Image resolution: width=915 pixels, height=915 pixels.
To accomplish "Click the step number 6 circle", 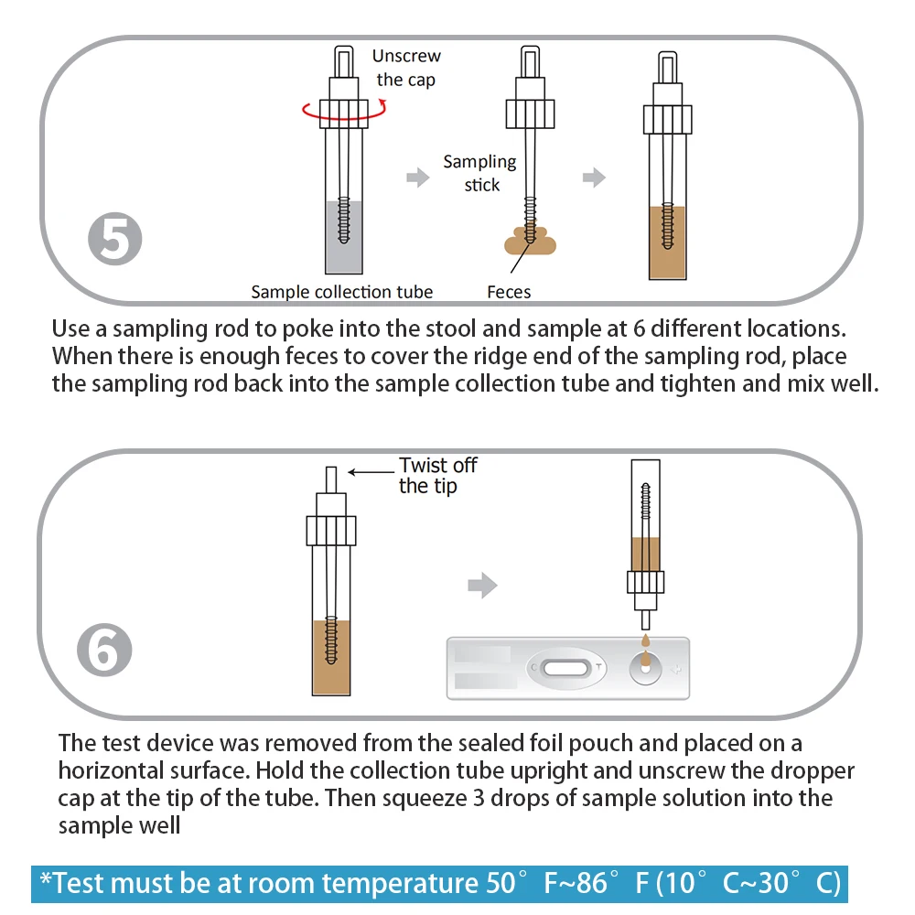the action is (x=103, y=651).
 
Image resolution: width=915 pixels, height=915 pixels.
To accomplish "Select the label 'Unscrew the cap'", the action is (x=405, y=69).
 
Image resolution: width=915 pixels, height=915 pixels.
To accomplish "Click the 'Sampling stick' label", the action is (x=479, y=173).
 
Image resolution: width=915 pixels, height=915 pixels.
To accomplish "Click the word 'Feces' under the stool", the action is (x=509, y=292).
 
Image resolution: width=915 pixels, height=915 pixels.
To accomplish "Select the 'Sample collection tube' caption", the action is (x=342, y=292).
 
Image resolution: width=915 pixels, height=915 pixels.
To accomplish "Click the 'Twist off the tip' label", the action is (x=437, y=475).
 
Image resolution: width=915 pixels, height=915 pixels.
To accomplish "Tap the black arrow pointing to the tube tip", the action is (x=370, y=472).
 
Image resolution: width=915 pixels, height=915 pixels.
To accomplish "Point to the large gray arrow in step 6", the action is (x=482, y=585).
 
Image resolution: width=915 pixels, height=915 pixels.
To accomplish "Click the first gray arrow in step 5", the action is (x=418, y=178).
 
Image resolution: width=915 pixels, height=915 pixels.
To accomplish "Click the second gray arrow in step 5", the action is (x=595, y=178).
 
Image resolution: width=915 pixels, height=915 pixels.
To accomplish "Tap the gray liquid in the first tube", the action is (x=345, y=238).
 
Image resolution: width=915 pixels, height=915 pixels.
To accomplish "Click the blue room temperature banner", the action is (x=439, y=884).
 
